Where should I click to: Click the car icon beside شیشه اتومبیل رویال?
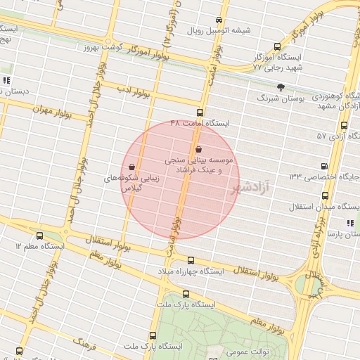click(219, 20)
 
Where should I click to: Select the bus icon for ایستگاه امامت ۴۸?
click(200, 112)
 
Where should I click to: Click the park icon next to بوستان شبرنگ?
click(281, 87)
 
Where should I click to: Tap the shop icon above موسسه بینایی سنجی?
click(198, 149)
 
